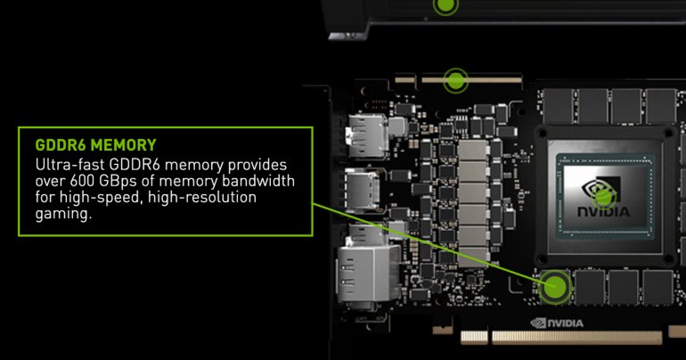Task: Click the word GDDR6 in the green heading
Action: pyautogui.click(x=61, y=144)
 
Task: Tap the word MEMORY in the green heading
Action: pyautogui.click(x=124, y=144)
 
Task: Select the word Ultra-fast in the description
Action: pyautogui.click(x=70, y=165)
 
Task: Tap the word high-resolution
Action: pyautogui.click(x=202, y=198)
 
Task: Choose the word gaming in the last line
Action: pyautogui.click(x=61, y=215)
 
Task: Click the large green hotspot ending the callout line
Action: pyautogui.click(x=555, y=287)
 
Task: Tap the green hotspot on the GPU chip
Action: pyautogui.click(x=603, y=197)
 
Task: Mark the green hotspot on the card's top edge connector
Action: pyautogui.click(x=455, y=80)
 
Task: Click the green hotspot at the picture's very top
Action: pyautogui.click(x=445, y=5)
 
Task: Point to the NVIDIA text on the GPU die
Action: pyautogui.click(x=603, y=212)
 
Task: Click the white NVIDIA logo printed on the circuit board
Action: pyautogui.click(x=557, y=323)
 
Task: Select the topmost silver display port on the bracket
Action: pyautogui.click(x=367, y=135)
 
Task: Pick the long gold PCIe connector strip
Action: pyautogui.click(x=576, y=337)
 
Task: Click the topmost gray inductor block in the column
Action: pyautogui.click(x=472, y=150)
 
